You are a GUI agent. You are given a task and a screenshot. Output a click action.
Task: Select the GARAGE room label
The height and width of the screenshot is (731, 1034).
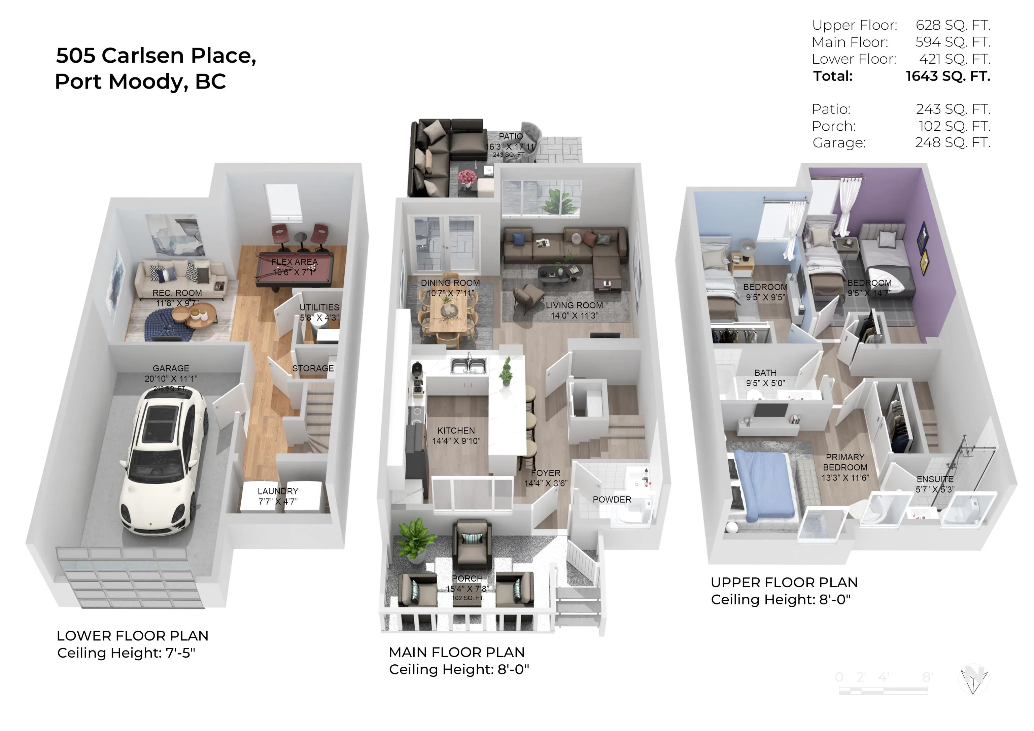tap(171, 368)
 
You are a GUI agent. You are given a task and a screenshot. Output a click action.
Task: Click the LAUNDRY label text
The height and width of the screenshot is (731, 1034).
tap(278, 491)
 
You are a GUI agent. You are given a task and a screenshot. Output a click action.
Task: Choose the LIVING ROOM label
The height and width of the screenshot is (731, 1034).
tap(574, 305)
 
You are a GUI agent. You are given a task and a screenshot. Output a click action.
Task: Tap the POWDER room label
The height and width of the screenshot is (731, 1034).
tap(612, 499)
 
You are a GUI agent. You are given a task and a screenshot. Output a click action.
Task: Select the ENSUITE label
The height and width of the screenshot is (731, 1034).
tap(935, 479)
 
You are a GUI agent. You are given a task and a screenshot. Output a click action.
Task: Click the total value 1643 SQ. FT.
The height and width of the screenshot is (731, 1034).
tap(947, 76)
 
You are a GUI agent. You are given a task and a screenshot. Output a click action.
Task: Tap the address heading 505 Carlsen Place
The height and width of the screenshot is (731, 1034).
tap(156, 56)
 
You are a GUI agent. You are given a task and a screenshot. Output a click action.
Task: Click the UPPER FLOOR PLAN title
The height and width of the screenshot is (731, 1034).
tap(784, 583)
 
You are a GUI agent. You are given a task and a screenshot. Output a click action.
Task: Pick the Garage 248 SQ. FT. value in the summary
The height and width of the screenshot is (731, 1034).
tap(953, 143)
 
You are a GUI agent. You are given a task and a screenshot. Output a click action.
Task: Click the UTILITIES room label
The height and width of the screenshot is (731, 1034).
tap(319, 307)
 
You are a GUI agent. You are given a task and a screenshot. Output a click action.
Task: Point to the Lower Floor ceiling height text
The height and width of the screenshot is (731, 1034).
tap(127, 653)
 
